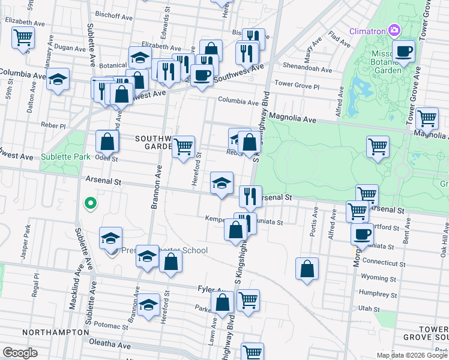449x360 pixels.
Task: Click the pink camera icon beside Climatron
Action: pos(394,29)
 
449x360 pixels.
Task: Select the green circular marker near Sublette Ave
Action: pos(90,203)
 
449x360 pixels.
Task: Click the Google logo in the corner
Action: pos(20,353)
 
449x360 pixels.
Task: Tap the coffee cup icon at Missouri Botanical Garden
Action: pos(404,51)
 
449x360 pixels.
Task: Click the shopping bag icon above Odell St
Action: pos(107,142)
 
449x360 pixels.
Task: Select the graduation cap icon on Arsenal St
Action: pos(221,182)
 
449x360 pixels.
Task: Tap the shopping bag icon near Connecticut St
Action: pos(307,269)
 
